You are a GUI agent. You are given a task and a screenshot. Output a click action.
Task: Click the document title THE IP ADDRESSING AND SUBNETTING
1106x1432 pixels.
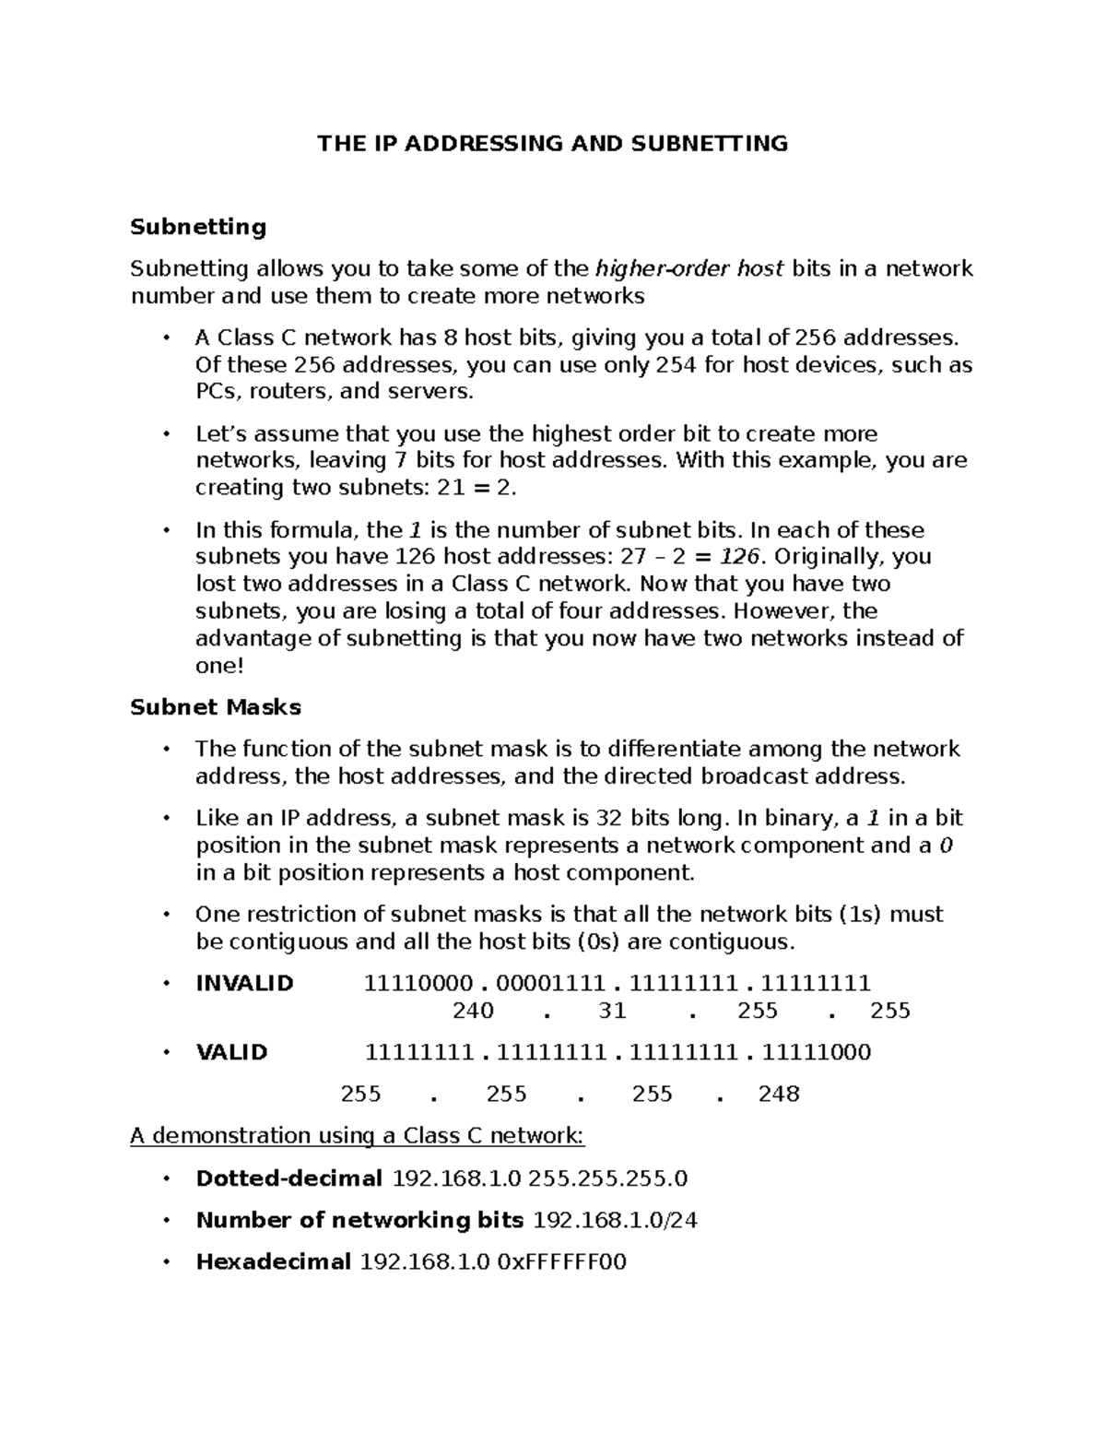553,143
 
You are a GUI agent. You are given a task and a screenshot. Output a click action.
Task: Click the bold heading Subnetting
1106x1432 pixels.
198,227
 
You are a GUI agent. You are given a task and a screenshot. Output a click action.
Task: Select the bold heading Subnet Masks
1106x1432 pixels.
216,707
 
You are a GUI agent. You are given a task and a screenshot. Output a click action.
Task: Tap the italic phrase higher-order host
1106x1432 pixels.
689,268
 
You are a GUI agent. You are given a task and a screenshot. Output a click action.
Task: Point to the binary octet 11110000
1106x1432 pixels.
419,983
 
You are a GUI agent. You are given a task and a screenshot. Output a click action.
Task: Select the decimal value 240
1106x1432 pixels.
473,1011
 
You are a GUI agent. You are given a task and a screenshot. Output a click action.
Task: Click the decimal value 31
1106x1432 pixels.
612,1011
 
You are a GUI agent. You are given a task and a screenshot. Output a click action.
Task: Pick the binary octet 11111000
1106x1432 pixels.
818,1052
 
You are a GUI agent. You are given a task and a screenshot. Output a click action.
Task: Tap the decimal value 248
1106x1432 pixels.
779,1095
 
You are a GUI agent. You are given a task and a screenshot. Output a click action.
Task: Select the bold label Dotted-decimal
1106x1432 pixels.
288,1178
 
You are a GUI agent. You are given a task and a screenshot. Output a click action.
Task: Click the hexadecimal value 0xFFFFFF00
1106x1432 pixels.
561,1261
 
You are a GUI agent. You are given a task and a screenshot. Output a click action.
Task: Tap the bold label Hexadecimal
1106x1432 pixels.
273,1261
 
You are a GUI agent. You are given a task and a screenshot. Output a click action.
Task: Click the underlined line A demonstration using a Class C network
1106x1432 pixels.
358,1135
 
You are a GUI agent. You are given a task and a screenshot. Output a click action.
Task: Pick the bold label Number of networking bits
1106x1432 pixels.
359,1220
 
